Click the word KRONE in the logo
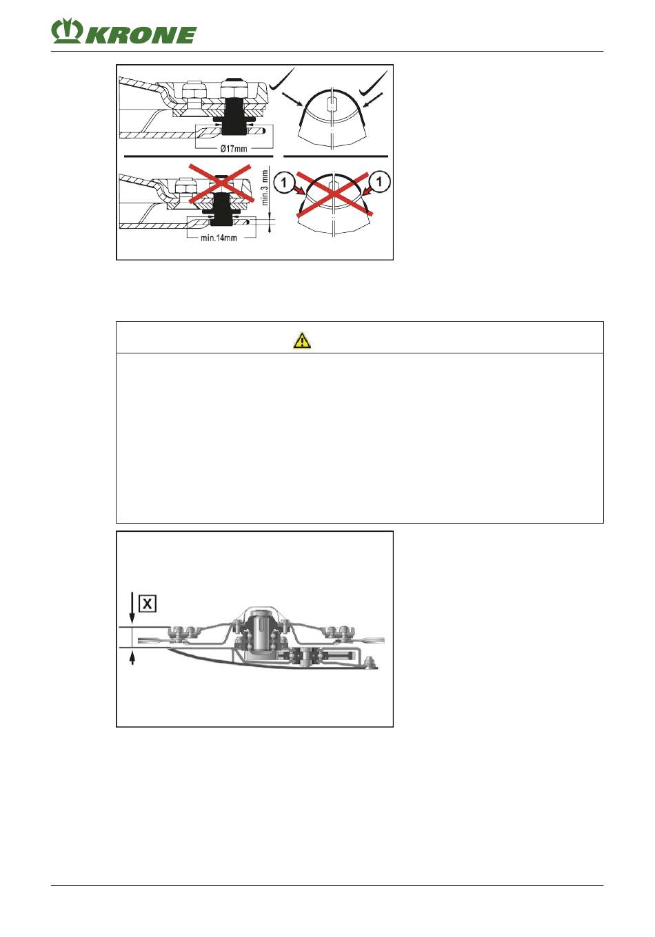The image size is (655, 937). [140, 35]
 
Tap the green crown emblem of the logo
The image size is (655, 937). [67, 31]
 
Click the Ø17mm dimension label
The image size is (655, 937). [234, 149]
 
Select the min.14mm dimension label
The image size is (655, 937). [219, 238]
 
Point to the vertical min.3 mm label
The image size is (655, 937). [265, 187]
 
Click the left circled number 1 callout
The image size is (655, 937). [284, 183]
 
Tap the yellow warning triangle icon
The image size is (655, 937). [302, 340]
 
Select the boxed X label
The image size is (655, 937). [148, 604]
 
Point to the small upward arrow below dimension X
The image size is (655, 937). [132, 659]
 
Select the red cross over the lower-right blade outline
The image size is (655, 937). [333, 194]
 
